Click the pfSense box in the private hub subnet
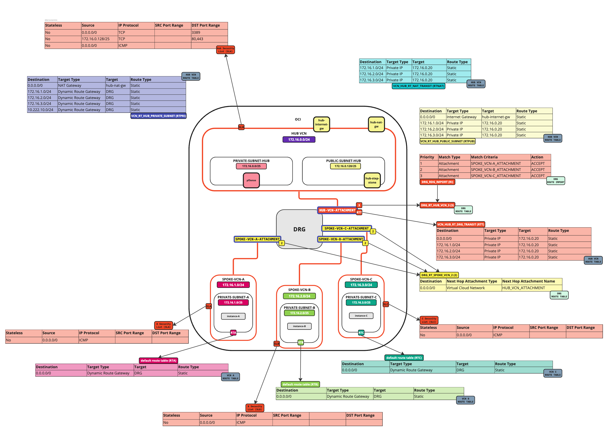[x=251, y=180]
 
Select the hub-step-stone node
[x=372, y=180]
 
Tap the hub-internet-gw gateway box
[x=322, y=124]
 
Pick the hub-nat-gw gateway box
[x=376, y=124]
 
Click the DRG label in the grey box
[x=299, y=229]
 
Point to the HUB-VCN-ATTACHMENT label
[x=337, y=210]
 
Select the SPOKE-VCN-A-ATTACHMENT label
[x=257, y=239]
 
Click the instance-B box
[x=299, y=326]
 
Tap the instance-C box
[x=361, y=316]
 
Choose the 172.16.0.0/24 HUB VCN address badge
[x=299, y=139]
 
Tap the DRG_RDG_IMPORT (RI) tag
[x=437, y=182]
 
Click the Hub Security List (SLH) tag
[x=225, y=50]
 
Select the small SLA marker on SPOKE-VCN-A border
[x=208, y=306]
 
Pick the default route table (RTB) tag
[x=300, y=384]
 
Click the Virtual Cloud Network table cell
[x=465, y=288]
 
